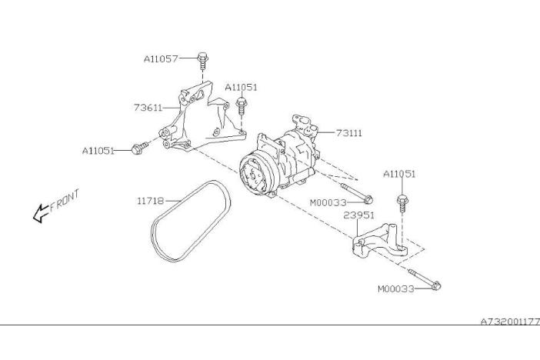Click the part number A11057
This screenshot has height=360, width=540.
(161, 59)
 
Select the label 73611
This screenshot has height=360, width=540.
(148, 108)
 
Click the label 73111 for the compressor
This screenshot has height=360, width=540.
(349, 132)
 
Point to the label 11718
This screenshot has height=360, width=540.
(151, 201)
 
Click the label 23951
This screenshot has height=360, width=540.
(358, 215)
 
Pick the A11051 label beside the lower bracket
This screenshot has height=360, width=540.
(399, 174)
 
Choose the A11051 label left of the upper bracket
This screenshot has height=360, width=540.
(98, 151)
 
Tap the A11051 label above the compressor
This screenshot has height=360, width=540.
(241, 87)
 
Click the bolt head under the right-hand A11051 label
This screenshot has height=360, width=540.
(402, 199)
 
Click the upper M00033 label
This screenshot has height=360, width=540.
(328, 202)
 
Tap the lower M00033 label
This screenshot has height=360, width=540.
(396, 288)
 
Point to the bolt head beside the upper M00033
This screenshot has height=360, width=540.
(368, 199)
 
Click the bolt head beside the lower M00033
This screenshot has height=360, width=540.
(436, 285)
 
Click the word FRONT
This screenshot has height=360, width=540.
(65, 201)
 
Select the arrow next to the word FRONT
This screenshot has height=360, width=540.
(40, 214)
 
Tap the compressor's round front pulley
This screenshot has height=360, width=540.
(254, 176)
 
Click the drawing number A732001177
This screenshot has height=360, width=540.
(510, 322)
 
